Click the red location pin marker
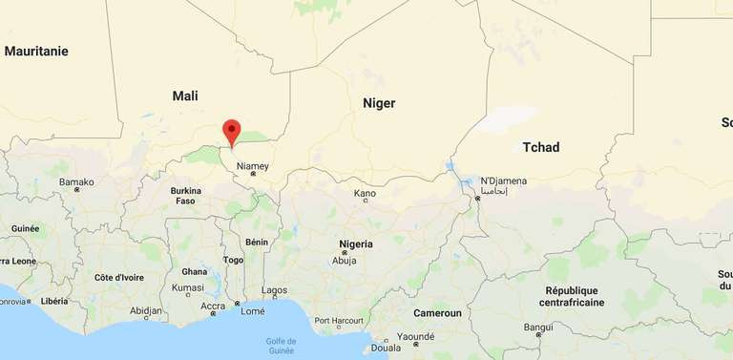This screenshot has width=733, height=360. pos(231,132)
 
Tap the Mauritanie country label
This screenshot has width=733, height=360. pos(36,52)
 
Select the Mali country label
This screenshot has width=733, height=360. pos(185,95)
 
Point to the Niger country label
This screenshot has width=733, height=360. pos(379,103)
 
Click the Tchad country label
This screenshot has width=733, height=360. pos(541,147)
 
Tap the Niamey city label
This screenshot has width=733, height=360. pos(253,166)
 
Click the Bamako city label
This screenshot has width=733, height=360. pos(76,181)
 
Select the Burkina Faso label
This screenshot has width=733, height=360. pos(185,196)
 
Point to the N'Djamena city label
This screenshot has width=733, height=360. pos(503,180)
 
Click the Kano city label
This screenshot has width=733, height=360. pos(365,194)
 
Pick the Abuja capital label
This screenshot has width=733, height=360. pos(344,260)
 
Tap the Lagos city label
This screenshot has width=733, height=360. pos(274,290)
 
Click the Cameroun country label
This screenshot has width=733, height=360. pos(437,313)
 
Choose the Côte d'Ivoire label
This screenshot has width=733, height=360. pos(118,277)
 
